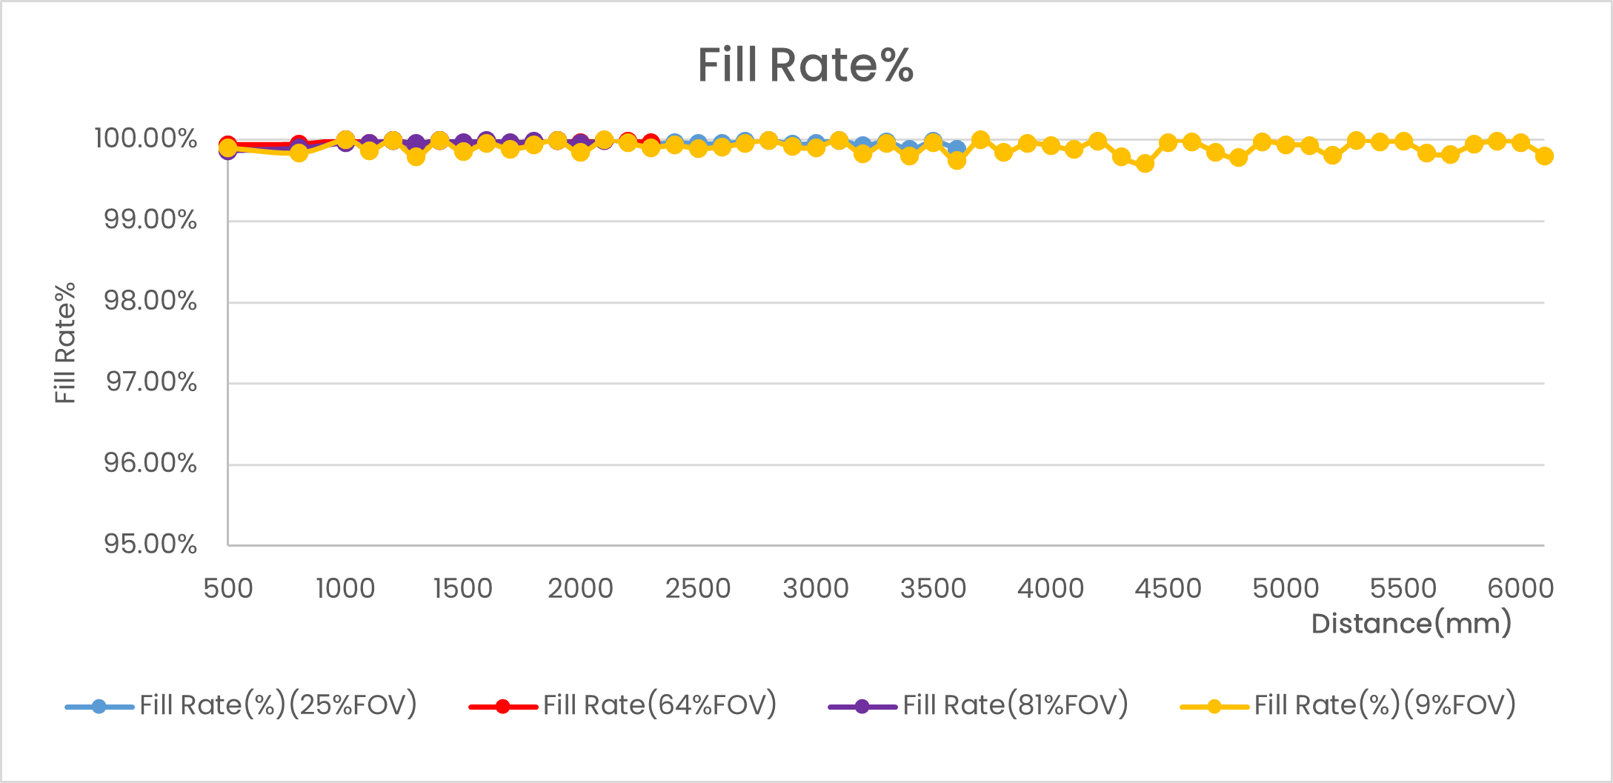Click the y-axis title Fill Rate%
tap(65, 342)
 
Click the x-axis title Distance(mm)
tap(1411, 624)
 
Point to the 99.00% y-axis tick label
tap(150, 220)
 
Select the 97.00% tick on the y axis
tap(151, 382)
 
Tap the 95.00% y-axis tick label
tap(150, 544)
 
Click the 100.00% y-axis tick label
tap(146, 139)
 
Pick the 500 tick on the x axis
tap(228, 588)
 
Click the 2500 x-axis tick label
tap(697, 588)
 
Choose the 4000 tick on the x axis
tap(1050, 588)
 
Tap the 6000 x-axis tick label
tap(1520, 588)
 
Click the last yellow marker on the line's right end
tap(1544, 156)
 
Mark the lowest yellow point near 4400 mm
tap(1145, 163)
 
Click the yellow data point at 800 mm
tap(299, 153)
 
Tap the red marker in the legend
tap(502, 707)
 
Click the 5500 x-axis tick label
tap(1403, 588)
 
